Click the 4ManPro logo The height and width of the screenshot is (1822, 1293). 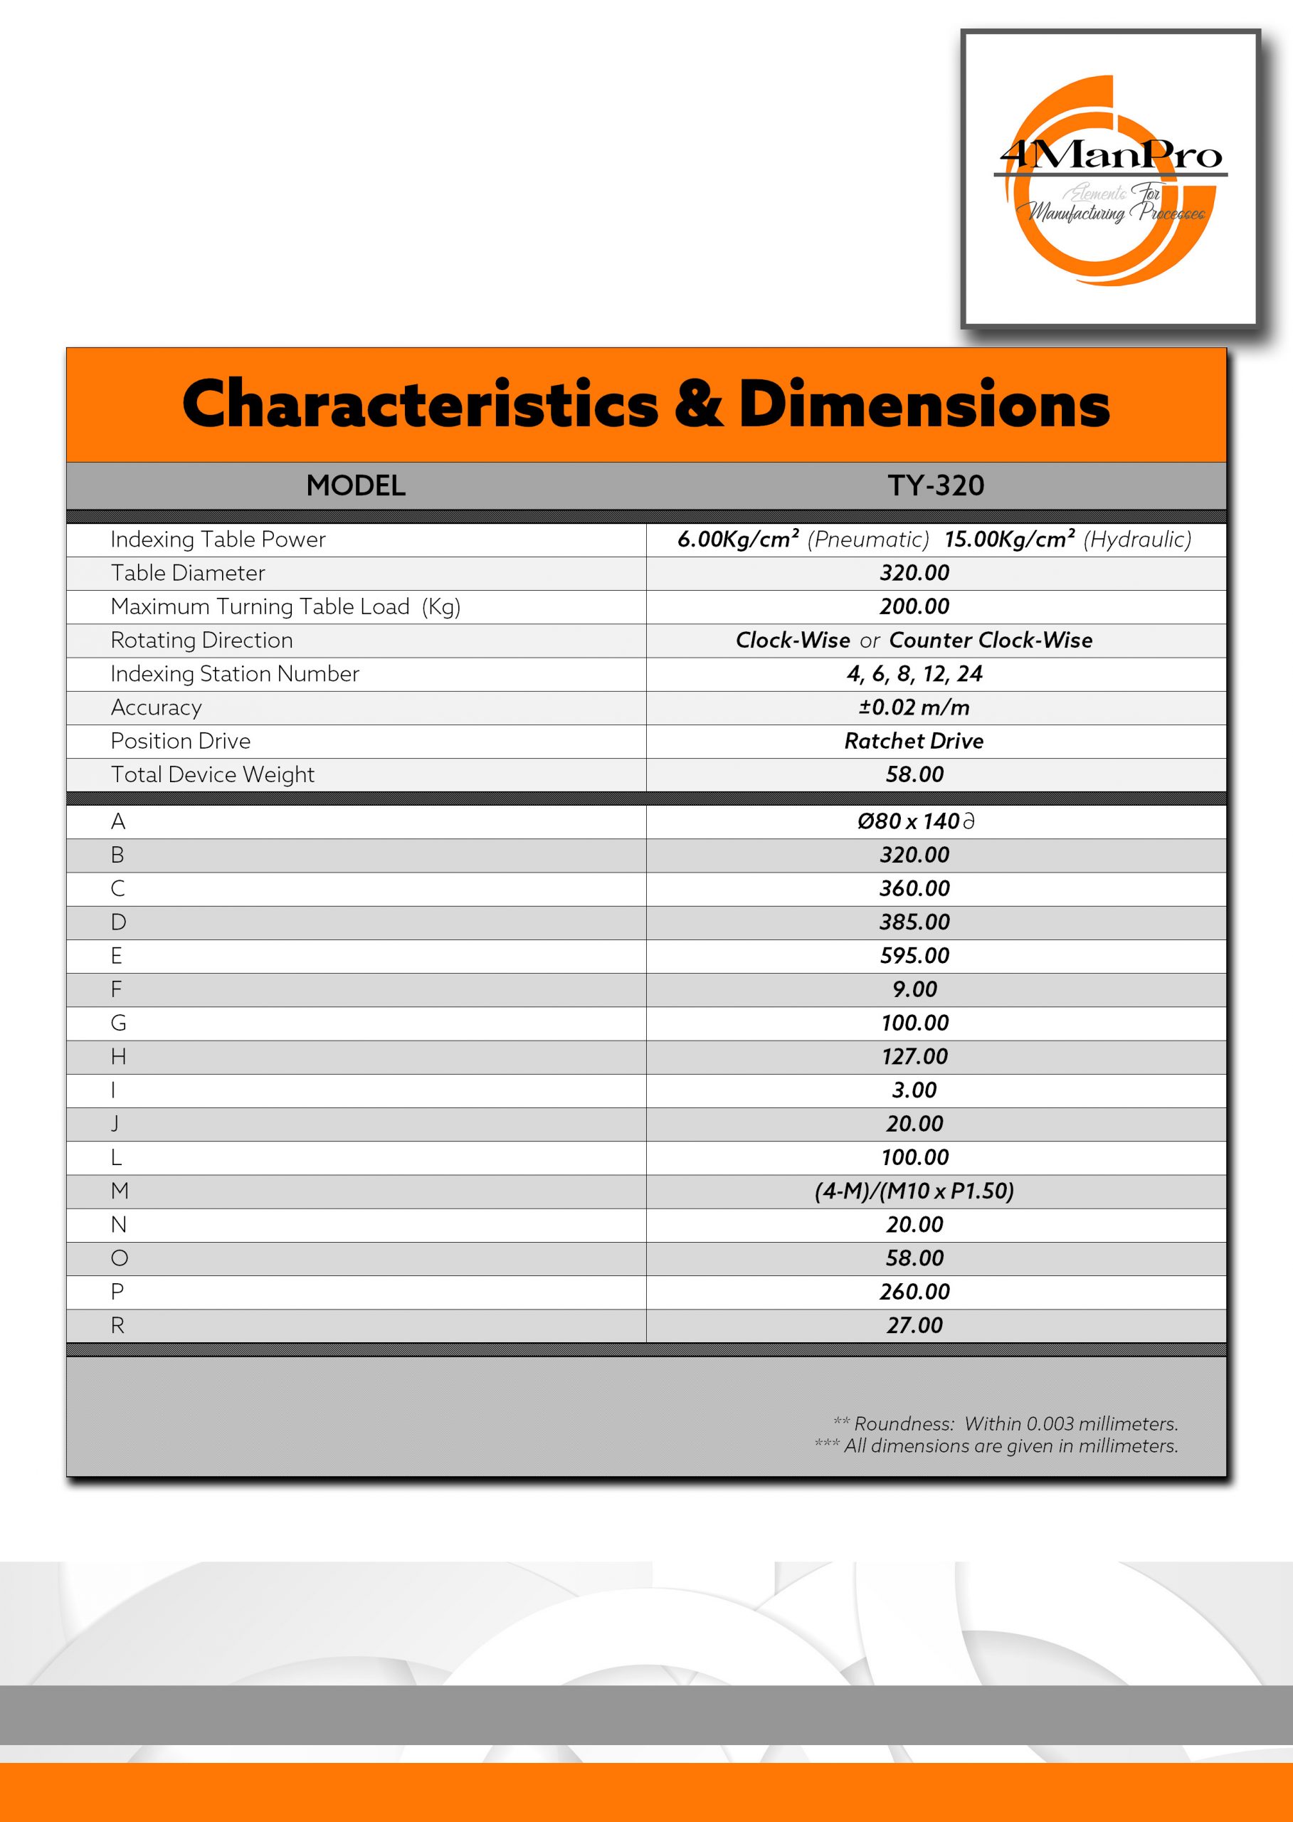[1110, 179]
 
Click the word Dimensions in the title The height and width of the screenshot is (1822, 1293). [924, 404]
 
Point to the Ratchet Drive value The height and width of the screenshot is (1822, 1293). [914, 742]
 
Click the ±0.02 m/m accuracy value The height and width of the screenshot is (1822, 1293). [914, 708]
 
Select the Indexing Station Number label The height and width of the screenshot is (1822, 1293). [235, 675]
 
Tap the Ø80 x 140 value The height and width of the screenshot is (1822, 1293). [914, 822]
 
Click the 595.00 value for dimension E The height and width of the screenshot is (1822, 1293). [914, 957]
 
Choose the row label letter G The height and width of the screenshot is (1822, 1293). [118, 1023]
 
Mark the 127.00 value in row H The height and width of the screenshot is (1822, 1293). [914, 1057]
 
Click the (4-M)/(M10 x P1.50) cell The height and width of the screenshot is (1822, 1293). [914, 1191]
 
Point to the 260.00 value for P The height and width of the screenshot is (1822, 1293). [914, 1292]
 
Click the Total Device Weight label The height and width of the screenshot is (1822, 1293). [213, 775]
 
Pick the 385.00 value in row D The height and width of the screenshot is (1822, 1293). [914, 922]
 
